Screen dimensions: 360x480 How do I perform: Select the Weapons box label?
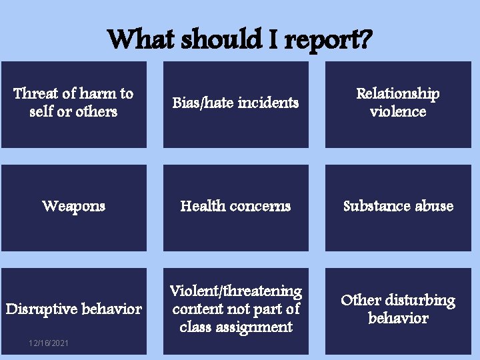[x=73, y=206]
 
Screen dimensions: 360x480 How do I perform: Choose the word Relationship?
[x=398, y=93]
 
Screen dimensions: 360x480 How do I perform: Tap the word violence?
[x=398, y=111]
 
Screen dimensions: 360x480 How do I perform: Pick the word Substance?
[x=376, y=206]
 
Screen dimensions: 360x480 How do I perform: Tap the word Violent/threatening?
[x=235, y=291]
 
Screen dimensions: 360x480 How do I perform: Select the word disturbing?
[x=421, y=301]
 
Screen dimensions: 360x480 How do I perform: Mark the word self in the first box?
[x=42, y=111]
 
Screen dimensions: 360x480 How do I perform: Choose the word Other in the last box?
[x=361, y=301]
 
